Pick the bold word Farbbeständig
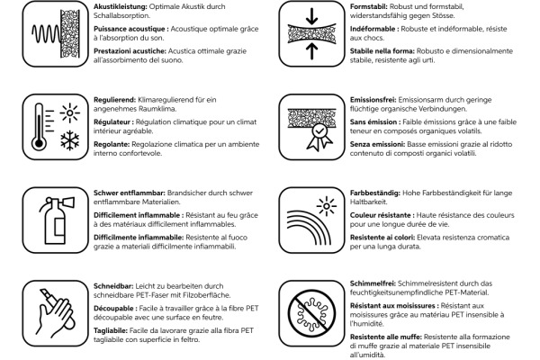[x=374, y=192]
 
